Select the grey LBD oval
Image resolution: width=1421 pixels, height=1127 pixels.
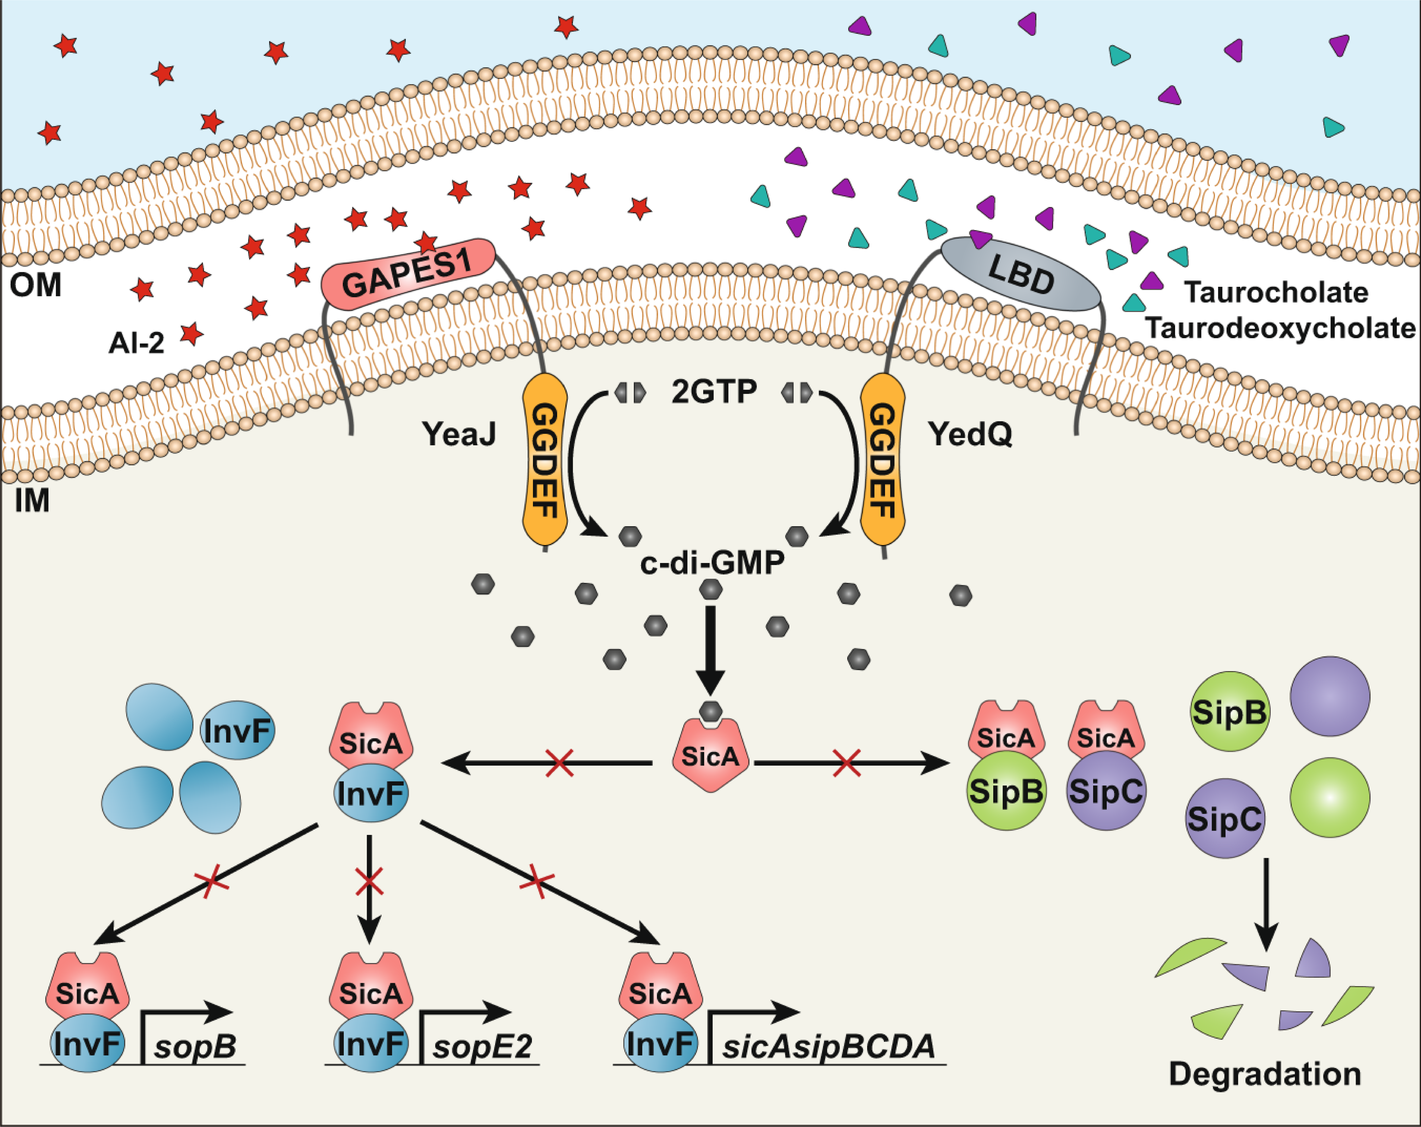[1020, 274]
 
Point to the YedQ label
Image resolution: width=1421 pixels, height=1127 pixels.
[970, 434]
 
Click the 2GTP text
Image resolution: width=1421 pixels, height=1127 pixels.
[714, 392]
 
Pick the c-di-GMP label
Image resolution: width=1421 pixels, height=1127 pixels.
[712, 563]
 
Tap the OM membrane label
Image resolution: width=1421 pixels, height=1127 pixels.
[36, 285]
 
